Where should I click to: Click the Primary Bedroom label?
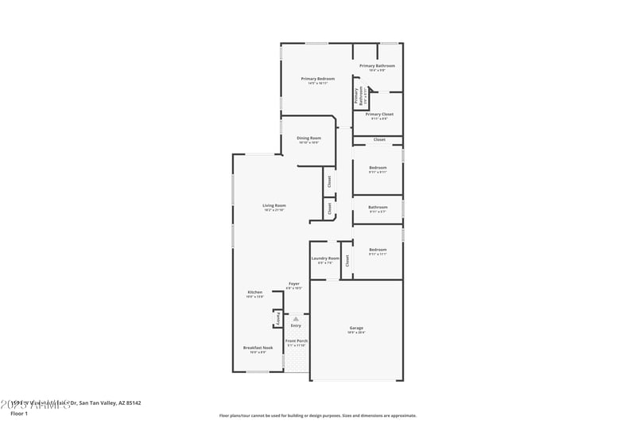coord(317,79)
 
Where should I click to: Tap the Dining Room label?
coord(308,138)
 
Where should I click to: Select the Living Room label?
coord(274,205)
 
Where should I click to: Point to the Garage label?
coord(356,328)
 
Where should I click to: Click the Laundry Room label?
coord(324,259)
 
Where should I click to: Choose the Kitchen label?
coord(254,292)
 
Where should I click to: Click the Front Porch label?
coord(297,341)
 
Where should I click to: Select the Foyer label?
coord(294,283)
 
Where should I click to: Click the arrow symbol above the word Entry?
coord(296,318)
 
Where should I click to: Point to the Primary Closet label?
coord(379,114)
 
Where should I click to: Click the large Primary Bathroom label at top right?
coord(377,66)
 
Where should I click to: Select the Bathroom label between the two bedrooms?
coord(378,208)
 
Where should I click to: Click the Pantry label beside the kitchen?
coord(277,318)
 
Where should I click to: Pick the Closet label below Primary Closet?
coord(379,139)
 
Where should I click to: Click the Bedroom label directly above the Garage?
coord(378,250)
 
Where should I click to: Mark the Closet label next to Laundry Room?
coord(347,259)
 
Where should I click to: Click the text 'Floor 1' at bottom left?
coord(18,414)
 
